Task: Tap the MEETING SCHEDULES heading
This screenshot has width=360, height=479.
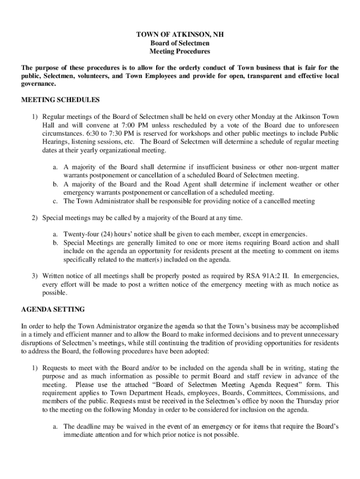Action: [60, 100]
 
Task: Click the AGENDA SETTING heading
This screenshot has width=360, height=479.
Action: [53, 309]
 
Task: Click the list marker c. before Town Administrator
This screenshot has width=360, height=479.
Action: [55, 201]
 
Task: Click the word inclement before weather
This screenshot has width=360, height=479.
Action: [273, 184]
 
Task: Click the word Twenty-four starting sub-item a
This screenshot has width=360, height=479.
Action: [79, 234]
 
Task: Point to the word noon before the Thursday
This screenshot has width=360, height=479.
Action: [266, 402]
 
